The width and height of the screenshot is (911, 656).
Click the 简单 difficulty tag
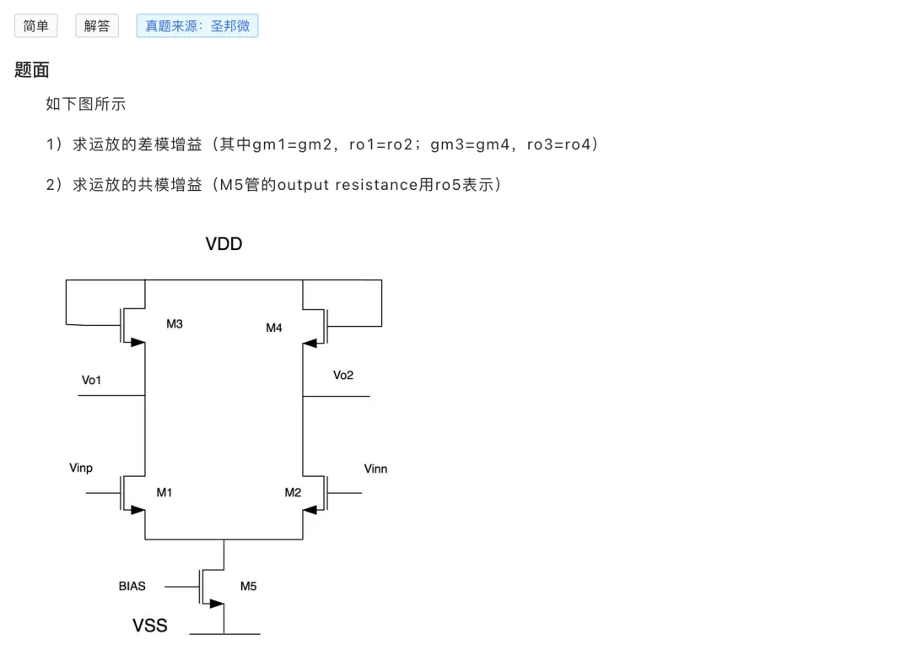click(36, 25)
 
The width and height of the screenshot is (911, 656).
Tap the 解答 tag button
click(97, 25)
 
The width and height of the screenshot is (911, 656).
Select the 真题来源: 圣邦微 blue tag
click(197, 25)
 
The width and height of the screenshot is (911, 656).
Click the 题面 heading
click(32, 70)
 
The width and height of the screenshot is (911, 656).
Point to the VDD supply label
click(224, 244)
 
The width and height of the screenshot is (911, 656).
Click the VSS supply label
click(150, 625)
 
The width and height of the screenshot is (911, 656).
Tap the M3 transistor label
click(175, 324)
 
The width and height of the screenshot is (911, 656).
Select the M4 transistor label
click(273, 328)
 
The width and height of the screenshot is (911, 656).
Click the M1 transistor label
click(164, 492)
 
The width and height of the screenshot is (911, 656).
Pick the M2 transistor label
click(293, 492)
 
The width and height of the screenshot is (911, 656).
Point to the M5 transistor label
click(248, 586)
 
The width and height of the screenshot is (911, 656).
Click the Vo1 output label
click(91, 380)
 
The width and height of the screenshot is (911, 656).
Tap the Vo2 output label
click(342, 375)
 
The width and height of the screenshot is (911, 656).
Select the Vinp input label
click(81, 469)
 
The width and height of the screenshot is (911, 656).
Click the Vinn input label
click(375, 469)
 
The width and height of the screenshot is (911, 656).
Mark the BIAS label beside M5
click(132, 586)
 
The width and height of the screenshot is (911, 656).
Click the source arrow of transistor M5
click(217, 604)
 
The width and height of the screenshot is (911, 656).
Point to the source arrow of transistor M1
click(137, 510)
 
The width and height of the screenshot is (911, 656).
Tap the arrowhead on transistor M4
click(310, 343)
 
